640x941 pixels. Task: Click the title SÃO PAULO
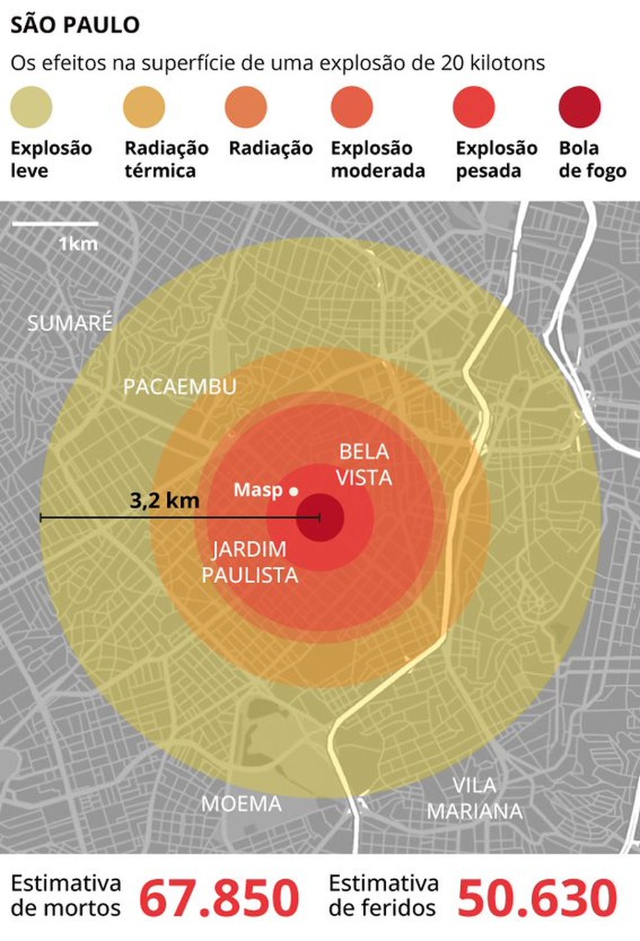(x=75, y=25)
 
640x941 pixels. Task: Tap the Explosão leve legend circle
(x=31, y=107)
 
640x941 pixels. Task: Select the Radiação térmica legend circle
(x=144, y=107)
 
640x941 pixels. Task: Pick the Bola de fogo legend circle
(x=580, y=107)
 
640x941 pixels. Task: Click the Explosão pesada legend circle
(x=473, y=107)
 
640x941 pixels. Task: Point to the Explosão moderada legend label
(x=377, y=159)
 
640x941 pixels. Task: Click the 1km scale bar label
(x=78, y=243)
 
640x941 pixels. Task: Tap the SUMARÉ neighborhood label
(x=70, y=323)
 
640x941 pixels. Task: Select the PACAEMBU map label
(x=180, y=387)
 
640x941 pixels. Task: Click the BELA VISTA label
(x=364, y=465)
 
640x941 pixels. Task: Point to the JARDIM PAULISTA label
(x=250, y=562)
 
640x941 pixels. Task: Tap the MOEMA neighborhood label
(x=241, y=804)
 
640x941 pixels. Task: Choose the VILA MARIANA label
(x=475, y=798)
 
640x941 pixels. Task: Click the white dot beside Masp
(x=294, y=491)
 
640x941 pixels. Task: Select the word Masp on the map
(x=258, y=489)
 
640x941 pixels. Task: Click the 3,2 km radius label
(x=165, y=500)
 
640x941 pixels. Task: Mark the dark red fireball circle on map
(x=321, y=517)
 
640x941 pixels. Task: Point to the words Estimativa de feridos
(x=384, y=895)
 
